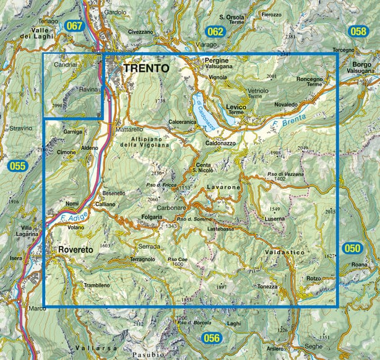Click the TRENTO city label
pyautogui.click(x=146, y=69)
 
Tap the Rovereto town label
pyautogui.click(x=76, y=249)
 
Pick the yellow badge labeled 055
pyautogui.click(x=17, y=166)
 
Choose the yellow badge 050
pyautogui.click(x=352, y=248)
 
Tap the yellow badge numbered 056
pyautogui.click(x=212, y=338)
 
